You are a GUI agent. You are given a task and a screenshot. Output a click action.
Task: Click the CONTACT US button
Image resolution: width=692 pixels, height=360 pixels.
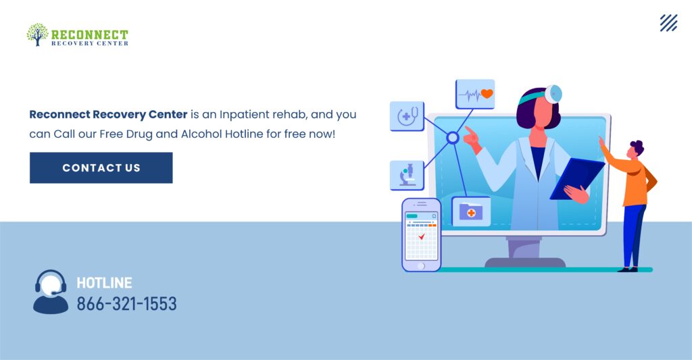point(101,168)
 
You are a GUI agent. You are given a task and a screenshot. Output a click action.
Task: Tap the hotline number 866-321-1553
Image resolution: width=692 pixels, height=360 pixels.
point(126,304)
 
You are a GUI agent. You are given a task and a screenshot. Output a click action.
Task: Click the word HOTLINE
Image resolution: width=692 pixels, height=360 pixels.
point(104,283)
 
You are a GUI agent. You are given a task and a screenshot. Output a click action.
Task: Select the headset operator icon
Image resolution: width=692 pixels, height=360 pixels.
point(51,292)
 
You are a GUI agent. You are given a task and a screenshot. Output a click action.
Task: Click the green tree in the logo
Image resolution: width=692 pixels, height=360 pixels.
point(37,34)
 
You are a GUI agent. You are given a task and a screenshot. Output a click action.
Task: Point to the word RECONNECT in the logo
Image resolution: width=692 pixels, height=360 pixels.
point(90,34)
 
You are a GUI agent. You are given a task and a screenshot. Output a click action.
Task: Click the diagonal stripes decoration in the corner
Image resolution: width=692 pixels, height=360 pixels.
point(668,23)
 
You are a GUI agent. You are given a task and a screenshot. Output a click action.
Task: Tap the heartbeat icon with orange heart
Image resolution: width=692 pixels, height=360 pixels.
point(475,94)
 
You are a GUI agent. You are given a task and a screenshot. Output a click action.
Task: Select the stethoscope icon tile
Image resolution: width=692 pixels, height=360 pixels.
point(407,116)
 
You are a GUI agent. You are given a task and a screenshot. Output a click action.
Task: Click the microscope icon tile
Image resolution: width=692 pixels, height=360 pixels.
point(407,175)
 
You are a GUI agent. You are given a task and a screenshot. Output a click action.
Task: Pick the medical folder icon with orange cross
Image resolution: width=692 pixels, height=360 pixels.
point(471,212)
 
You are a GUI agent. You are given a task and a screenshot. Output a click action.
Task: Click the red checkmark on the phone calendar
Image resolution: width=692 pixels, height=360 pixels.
point(422,237)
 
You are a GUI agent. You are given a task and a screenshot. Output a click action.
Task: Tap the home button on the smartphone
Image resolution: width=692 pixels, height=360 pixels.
point(421,266)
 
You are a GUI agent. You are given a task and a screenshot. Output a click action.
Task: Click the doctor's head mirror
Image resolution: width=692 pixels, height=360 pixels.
point(553,93)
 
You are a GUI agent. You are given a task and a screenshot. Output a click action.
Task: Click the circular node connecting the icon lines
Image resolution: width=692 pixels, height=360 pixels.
point(452,138)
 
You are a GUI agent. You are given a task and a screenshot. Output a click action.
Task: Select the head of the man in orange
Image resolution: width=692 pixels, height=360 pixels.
point(635,149)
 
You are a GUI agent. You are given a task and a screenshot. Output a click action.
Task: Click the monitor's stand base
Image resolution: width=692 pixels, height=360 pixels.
point(525,263)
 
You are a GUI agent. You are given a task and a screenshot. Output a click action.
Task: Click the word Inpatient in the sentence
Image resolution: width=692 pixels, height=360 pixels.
point(244,115)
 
